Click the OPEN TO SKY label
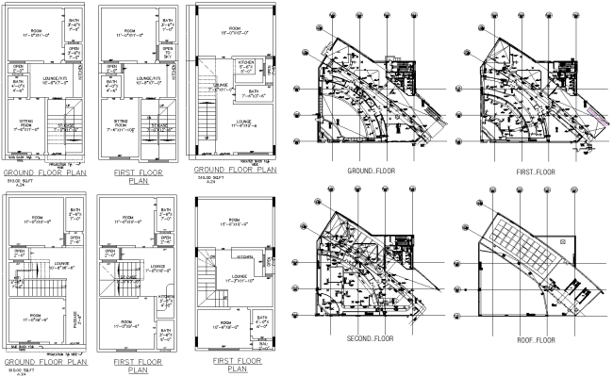pyautogui.click(x=167, y=53)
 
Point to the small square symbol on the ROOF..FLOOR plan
pyautogui.click(x=564, y=241)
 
